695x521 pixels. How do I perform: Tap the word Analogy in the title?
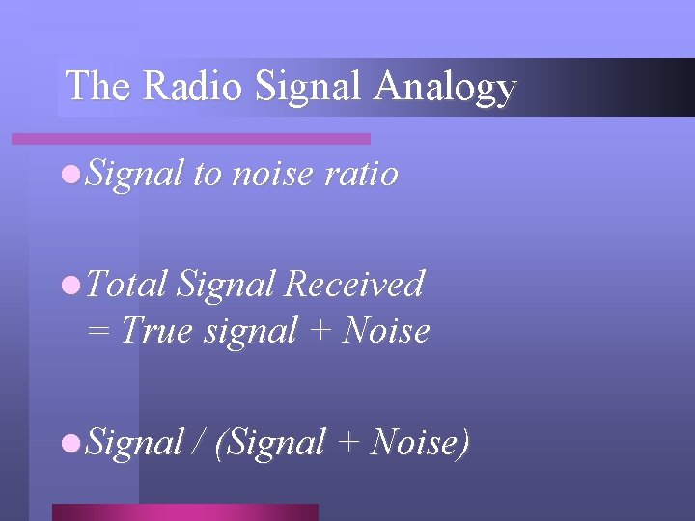pos(445,88)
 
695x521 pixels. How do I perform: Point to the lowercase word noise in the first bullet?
pos(274,174)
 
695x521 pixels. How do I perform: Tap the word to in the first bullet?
pos(208,174)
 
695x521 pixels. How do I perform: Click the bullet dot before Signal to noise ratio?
pos(69,175)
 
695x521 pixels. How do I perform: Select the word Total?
pos(128,284)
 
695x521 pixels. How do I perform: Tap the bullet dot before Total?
pos(69,285)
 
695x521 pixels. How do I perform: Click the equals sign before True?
pos(99,331)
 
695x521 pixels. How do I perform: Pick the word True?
pos(156,331)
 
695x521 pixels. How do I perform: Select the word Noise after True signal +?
pos(386,331)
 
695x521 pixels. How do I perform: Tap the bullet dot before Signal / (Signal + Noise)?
pos(69,444)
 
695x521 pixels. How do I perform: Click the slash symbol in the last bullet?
pos(199,443)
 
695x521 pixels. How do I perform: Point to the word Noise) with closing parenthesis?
pos(421,443)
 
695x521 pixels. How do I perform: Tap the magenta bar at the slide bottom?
pos(184,512)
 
